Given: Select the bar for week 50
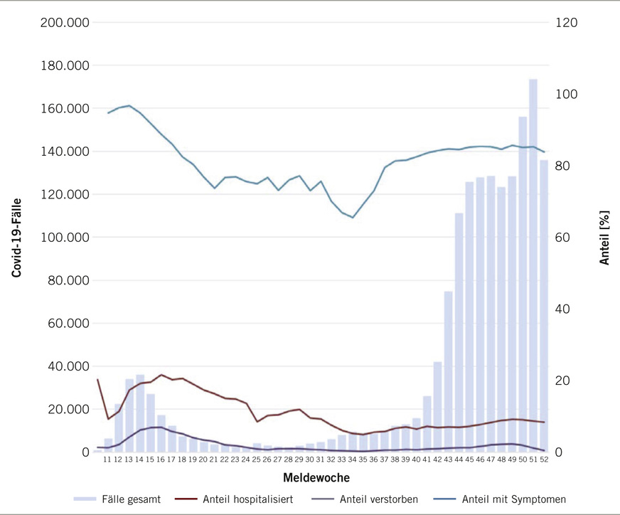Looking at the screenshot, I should [523, 285].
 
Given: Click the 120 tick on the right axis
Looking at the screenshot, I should [568, 23].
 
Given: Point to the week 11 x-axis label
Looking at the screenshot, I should [107, 460].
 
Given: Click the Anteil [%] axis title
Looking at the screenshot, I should [604, 238].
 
